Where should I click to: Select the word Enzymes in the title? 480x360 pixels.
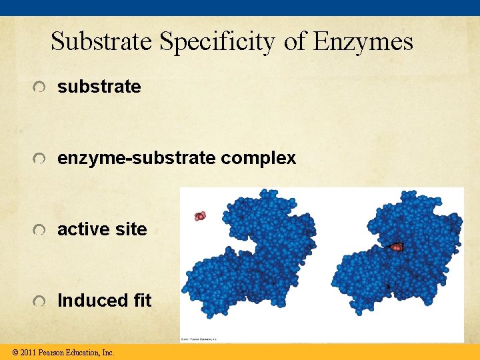tap(363, 42)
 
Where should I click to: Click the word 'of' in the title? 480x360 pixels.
tap(293, 42)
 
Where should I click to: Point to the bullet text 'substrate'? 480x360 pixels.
tap(99, 87)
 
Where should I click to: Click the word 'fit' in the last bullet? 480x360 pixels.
tap(142, 301)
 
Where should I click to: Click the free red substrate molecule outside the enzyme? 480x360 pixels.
tap(200, 215)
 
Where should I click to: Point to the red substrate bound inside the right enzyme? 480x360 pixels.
tap(397, 247)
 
